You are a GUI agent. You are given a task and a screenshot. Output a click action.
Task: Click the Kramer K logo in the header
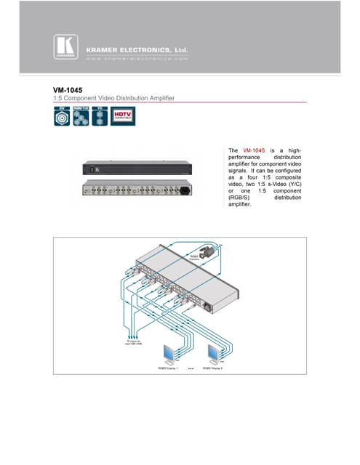[x=64, y=46]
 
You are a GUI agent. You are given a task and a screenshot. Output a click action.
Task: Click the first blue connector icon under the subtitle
[x=62, y=116]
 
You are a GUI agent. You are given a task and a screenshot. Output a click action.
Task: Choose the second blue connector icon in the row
[x=82, y=116]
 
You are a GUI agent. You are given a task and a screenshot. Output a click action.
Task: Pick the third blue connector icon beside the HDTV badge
[x=102, y=116]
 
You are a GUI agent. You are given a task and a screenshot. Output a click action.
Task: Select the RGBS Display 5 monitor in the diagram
[x=217, y=352]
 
